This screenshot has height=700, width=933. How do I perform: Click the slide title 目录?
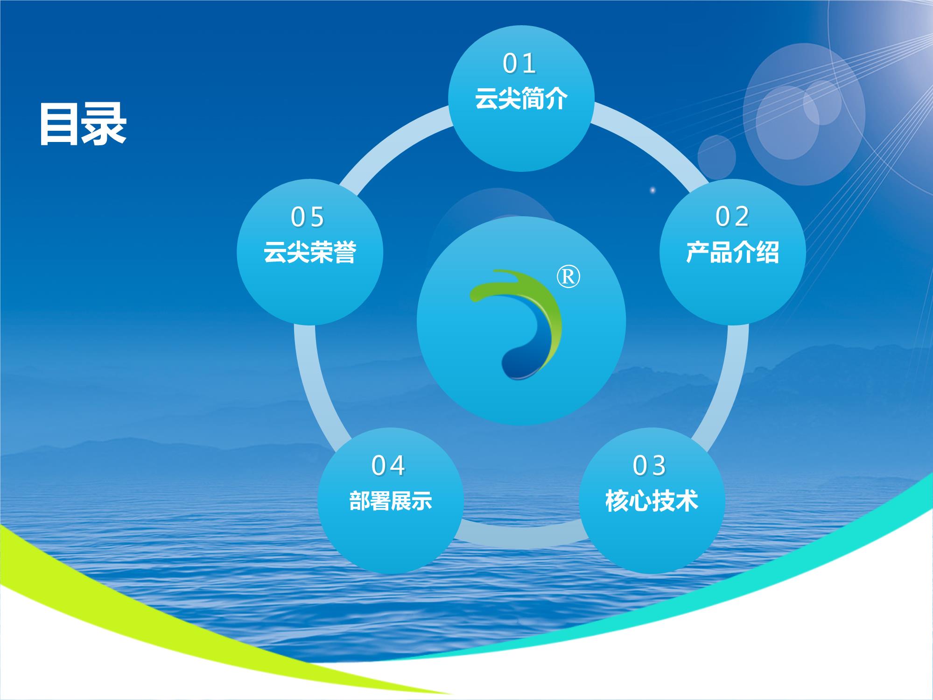83,124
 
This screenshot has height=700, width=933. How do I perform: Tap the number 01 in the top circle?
519,64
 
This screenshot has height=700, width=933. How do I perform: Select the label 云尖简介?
521,99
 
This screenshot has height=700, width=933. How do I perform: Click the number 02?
732,217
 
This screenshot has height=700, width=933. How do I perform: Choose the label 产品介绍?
732,252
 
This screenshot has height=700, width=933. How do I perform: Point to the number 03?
649,466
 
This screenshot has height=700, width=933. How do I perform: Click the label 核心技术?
652,501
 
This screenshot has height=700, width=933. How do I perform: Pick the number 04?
388,466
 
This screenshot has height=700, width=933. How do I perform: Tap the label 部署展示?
391,501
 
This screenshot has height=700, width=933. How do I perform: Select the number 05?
308,217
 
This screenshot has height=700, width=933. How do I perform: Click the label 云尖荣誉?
310,252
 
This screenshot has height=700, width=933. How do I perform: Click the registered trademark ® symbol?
568,277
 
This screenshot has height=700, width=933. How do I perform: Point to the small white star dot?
652,190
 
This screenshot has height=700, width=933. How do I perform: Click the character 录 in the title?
105,124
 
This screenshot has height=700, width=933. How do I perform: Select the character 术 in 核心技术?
687,501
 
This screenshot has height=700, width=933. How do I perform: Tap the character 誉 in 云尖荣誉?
345,252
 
